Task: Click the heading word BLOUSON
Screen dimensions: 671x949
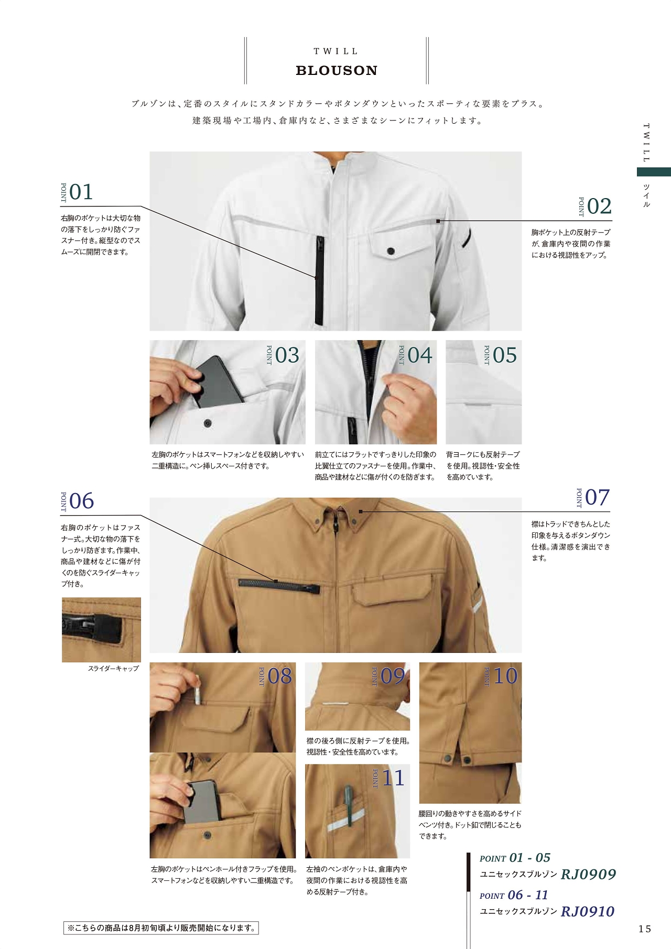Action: point(337,71)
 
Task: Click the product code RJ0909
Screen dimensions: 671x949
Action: point(588,874)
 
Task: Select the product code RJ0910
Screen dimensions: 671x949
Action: point(587,911)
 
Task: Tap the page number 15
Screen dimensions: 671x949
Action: point(645,929)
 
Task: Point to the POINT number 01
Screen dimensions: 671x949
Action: point(81,192)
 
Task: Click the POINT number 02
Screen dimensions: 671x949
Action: point(599,206)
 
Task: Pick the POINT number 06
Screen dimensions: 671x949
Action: point(81,501)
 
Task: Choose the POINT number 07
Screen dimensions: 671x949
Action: point(598,497)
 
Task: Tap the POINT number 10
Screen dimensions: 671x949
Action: point(505,676)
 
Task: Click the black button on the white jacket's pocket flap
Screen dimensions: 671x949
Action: point(391,251)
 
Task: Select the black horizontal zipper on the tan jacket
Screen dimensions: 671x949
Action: point(279,585)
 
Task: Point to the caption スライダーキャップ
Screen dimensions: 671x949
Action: point(113,669)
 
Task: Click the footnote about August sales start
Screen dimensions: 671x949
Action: point(161,928)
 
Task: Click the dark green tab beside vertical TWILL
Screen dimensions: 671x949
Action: point(654,172)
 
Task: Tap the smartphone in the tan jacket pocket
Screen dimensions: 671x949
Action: point(202,802)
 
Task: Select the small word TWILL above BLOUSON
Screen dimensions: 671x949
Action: point(336,51)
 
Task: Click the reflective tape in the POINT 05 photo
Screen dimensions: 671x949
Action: point(478,405)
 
